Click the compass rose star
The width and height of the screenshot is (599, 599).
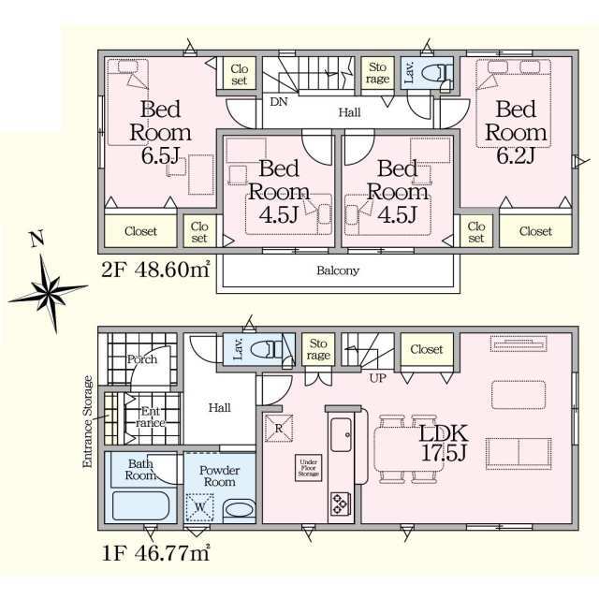pyautogui.click(x=49, y=293)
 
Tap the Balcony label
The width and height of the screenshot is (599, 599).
pyautogui.click(x=338, y=270)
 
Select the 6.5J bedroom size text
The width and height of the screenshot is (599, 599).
pyautogui.click(x=160, y=155)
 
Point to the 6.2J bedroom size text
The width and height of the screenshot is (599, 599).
pyautogui.click(x=516, y=155)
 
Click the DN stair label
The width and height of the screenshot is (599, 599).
pyautogui.click(x=279, y=102)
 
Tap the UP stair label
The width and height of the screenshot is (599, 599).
pyautogui.click(x=377, y=378)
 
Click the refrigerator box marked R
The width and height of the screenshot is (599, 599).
pyautogui.click(x=279, y=428)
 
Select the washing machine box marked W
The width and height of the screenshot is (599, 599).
pyautogui.click(x=199, y=507)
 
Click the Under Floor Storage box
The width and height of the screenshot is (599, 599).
pyautogui.click(x=308, y=468)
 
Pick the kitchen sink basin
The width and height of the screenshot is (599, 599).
pyautogui.click(x=341, y=434)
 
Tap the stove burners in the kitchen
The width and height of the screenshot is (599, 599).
pyautogui.click(x=340, y=504)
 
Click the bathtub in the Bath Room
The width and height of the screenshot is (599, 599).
pyautogui.click(x=141, y=505)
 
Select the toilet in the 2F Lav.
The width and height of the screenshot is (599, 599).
pyautogui.click(x=439, y=73)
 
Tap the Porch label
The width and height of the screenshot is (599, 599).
pyautogui.click(x=142, y=359)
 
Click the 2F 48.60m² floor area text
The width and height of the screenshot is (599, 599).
pyautogui.click(x=156, y=270)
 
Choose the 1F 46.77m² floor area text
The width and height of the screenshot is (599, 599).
pyautogui.click(x=156, y=553)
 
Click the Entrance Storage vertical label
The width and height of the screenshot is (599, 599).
pyautogui.click(x=88, y=422)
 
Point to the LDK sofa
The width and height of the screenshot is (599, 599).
pyautogui.click(x=519, y=454)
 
